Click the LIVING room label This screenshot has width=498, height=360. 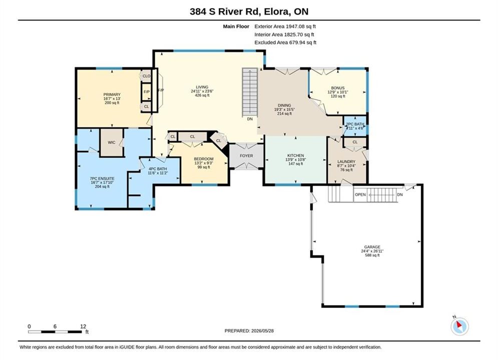[x=202, y=87]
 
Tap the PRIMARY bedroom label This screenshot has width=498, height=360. [x=112, y=94]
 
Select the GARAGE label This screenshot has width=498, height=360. [x=372, y=247]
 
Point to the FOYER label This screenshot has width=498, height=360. [x=246, y=155]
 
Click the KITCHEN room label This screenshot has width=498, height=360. [x=296, y=155]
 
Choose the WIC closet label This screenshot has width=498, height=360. [x=112, y=142]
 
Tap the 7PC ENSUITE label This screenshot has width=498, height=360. [x=102, y=178]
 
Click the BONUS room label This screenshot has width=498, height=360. [x=338, y=88]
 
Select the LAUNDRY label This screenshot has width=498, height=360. [x=346, y=161]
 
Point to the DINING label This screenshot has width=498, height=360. [x=284, y=105]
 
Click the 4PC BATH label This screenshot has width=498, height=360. [x=158, y=168]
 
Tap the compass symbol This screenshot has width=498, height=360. [x=459, y=325]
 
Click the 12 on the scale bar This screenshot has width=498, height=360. [x=83, y=326]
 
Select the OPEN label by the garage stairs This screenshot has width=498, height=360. [x=360, y=194]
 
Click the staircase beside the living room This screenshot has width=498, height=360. [x=250, y=92]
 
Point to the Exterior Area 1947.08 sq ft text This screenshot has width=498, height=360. [x=285, y=26]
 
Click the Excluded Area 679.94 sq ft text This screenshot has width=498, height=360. [x=285, y=42]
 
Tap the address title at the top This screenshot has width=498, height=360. [x=249, y=11]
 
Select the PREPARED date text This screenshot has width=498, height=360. [x=249, y=331]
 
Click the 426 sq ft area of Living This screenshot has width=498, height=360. [x=202, y=95]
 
